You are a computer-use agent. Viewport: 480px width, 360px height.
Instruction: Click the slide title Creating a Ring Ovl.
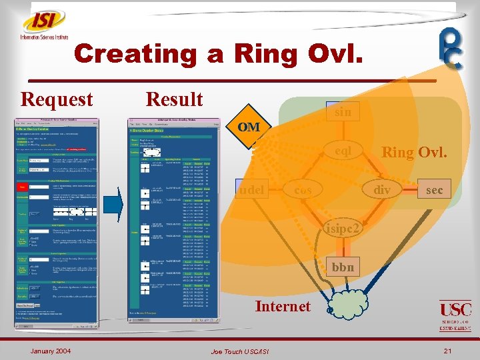[x=219, y=53]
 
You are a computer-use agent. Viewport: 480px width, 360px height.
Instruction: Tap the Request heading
[x=57, y=99]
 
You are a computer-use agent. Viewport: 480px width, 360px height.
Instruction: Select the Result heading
[x=174, y=99]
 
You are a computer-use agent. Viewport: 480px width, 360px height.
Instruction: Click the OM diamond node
[x=249, y=127]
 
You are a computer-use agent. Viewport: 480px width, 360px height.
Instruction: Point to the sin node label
[x=343, y=112]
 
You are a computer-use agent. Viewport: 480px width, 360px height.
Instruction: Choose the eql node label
[x=344, y=151]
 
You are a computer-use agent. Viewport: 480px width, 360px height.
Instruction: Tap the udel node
[x=251, y=189]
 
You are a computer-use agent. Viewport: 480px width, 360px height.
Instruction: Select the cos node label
[x=303, y=190]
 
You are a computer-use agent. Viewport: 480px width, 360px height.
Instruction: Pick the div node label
[x=382, y=190]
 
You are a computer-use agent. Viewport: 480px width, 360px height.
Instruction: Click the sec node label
[x=434, y=190]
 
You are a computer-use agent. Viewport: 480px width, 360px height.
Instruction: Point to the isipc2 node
[x=345, y=229]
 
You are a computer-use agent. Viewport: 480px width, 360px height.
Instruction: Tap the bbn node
[x=344, y=267]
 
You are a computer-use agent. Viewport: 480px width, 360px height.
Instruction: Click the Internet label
[x=283, y=306]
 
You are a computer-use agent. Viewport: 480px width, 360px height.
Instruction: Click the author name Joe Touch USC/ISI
[x=241, y=351]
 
